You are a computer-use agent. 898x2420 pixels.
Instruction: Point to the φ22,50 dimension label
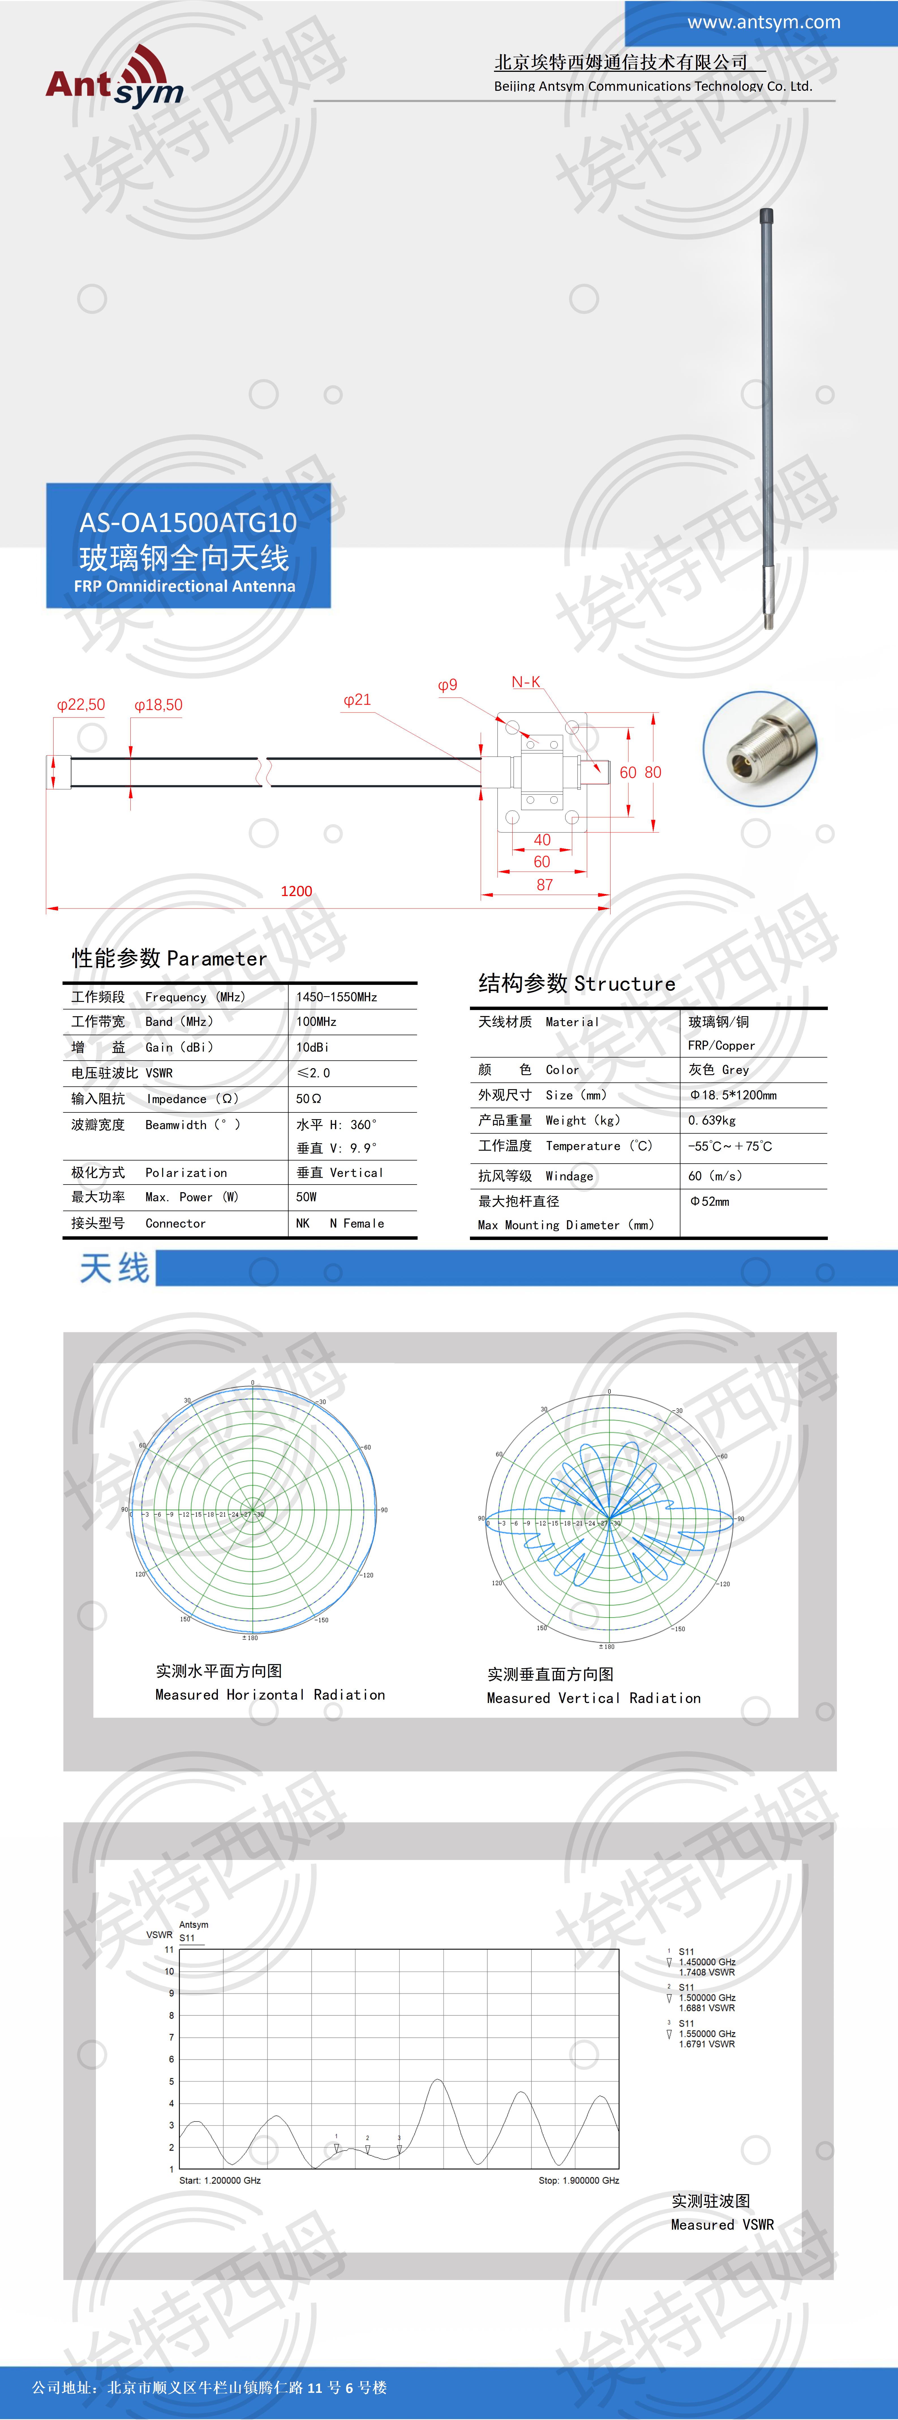tap(81, 705)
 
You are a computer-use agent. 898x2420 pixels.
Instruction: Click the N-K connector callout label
tap(526, 682)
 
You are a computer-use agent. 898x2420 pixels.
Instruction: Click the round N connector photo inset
tap(760, 749)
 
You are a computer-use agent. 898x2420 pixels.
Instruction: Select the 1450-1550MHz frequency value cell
tap(336, 997)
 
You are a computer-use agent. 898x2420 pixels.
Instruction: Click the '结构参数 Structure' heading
tap(577, 984)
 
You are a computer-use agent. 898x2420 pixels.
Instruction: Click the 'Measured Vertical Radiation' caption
tap(594, 1698)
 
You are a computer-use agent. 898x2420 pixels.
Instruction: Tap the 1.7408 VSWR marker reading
tap(706, 1972)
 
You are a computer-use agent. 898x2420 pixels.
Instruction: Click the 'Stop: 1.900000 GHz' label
tap(579, 2180)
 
